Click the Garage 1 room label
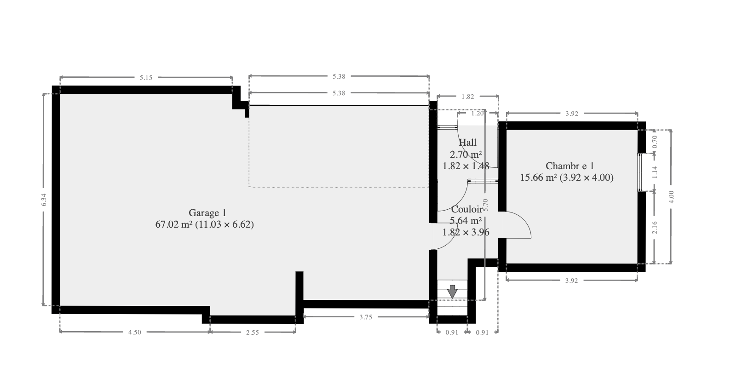coord(207,212)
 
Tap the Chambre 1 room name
coord(570,166)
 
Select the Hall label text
coord(467,143)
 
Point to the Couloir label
coord(467,209)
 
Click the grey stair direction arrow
coord(453,291)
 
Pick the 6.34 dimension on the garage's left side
coord(44,200)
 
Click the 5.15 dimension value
coord(146,78)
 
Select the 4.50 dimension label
coord(135,332)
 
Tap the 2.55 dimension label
coord(253,332)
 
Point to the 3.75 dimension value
coord(366,317)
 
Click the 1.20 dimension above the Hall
coord(478,114)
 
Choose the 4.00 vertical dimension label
coord(672,197)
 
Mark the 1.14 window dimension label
coord(655,172)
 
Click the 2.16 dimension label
coord(655,227)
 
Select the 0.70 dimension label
coord(655,142)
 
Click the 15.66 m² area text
coord(538,178)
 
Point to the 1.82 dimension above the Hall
coord(468,97)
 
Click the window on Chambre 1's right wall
coord(639,172)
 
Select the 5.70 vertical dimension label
coord(485,205)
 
